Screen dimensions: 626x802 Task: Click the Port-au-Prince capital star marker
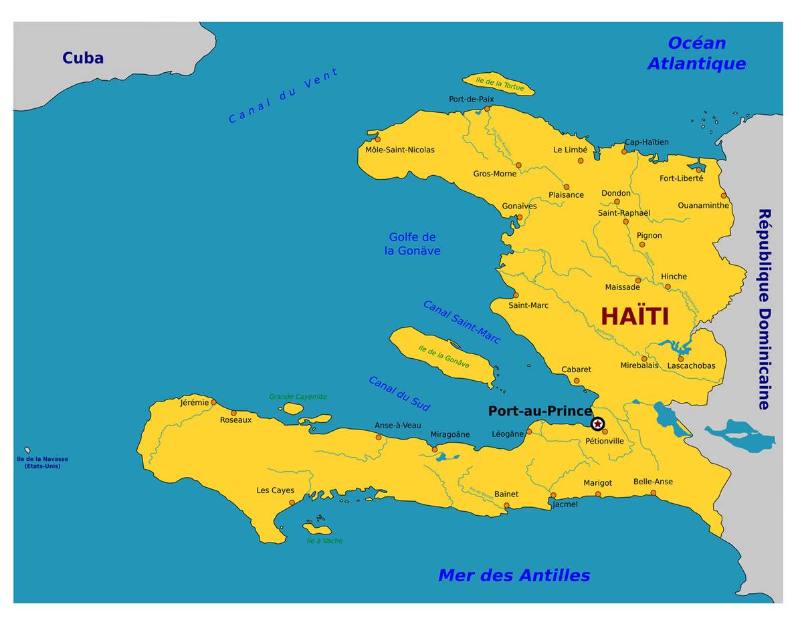click(597, 424)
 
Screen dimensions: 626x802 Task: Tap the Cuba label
click(83, 58)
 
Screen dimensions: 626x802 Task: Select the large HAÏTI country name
click(635, 316)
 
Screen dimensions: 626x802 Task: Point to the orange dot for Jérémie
click(213, 402)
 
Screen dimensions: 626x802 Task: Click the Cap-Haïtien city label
click(646, 142)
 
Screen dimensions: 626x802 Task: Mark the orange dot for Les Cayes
click(292, 502)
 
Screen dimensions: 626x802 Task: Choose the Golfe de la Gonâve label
click(412, 244)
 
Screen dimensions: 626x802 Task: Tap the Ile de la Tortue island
click(498, 84)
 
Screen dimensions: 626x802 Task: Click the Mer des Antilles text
click(514, 575)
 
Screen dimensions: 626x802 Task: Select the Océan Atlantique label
click(696, 53)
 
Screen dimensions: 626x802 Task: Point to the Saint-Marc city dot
click(516, 295)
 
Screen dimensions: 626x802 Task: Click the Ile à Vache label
click(324, 540)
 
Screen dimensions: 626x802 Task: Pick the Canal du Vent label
click(284, 96)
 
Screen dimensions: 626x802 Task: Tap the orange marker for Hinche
click(668, 287)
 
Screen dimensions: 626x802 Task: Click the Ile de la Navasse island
click(27, 450)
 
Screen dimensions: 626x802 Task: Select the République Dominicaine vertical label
click(764, 309)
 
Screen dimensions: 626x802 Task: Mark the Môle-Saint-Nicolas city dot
click(377, 139)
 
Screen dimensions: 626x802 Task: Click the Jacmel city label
click(565, 504)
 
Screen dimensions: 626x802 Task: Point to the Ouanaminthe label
click(703, 205)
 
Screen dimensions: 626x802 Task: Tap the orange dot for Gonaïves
click(519, 217)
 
